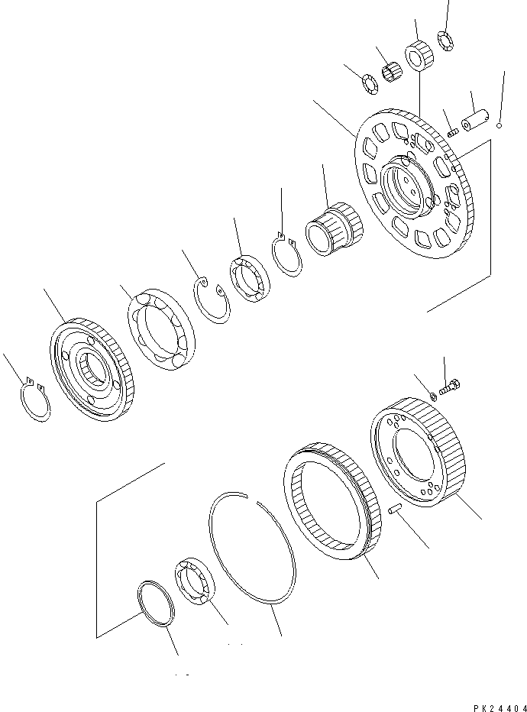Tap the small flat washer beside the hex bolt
[x=433, y=395]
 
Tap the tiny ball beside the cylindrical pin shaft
[x=498, y=125]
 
